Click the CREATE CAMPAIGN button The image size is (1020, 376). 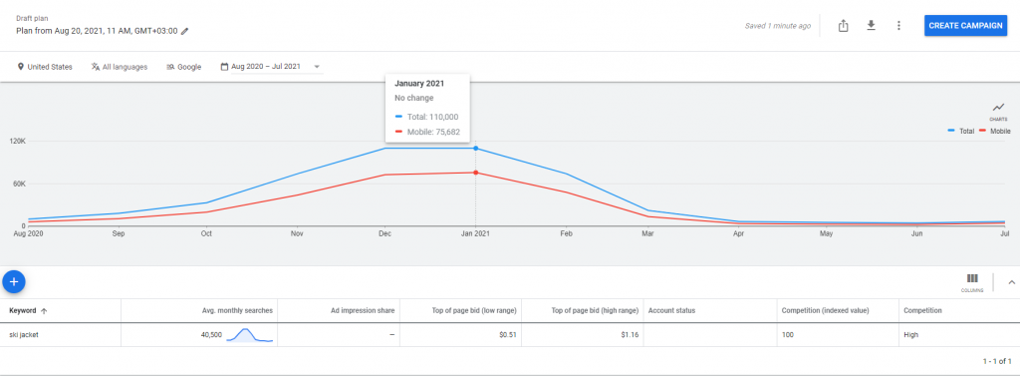965,25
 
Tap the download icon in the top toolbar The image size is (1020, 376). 871,25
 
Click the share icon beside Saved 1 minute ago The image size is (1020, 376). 843,25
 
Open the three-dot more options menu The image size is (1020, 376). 898,25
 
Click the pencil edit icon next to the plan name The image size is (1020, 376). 184,31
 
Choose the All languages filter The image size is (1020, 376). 119,67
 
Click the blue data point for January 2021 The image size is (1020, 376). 475,149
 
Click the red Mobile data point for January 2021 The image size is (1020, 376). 475,173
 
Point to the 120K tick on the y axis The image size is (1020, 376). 17,142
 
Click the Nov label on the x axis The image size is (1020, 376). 297,234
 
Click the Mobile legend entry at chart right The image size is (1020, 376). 996,131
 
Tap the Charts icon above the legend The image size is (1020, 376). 998,109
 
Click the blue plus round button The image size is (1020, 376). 14,281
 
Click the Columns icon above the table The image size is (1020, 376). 972,280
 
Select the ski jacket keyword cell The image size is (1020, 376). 26,335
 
